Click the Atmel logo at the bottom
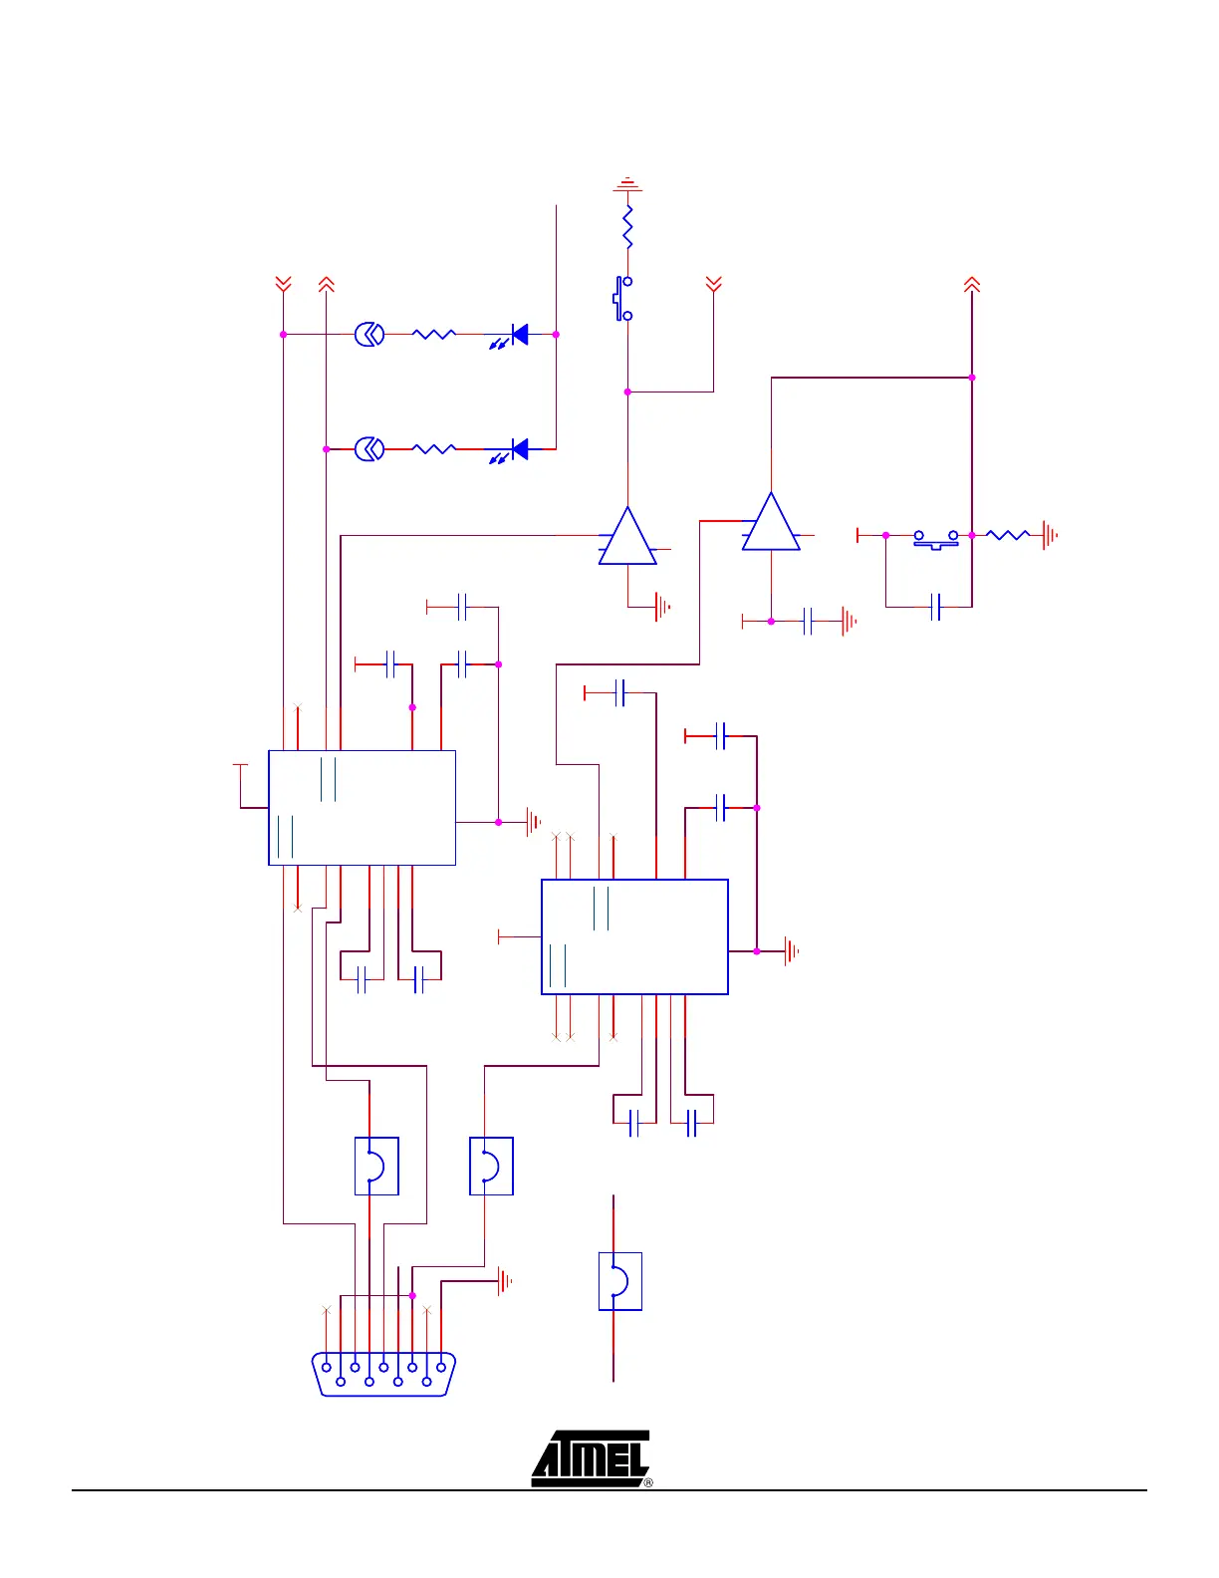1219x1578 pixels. (x=590, y=1459)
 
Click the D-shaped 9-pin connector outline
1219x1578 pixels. (x=383, y=1375)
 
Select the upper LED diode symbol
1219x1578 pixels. (x=518, y=335)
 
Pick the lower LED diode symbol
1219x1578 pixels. (x=518, y=449)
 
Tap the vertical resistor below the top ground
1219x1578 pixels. (x=627, y=228)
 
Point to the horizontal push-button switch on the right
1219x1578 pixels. (x=936, y=538)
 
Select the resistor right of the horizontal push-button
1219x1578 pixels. (x=1007, y=535)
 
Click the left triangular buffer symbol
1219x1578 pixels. (x=627, y=538)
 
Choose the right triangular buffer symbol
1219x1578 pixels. (x=771, y=524)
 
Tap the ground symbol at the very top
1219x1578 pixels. (x=627, y=184)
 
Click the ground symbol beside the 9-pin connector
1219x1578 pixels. (x=506, y=1281)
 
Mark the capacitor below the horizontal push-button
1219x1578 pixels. (x=935, y=607)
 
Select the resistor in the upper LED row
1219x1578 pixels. (x=434, y=335)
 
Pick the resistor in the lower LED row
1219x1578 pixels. (x=434, y=449)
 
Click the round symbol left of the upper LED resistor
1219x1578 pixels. (x=369, y=335)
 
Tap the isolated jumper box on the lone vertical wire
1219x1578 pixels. (x=619, y=1281)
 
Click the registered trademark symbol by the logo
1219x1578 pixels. (x=648, y=1482)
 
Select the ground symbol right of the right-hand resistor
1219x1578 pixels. (x=1050, y=535)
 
